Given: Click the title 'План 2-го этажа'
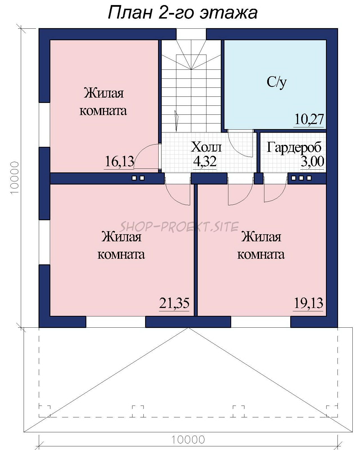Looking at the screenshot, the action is [183, 13].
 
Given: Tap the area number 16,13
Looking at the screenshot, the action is [120, 162].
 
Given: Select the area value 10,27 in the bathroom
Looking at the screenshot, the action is [309, 119].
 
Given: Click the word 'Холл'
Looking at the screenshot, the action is [206, 147].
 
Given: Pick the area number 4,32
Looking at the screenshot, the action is [205, 161].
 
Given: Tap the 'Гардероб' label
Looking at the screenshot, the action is [294, 147].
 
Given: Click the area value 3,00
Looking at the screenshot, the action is [312, 161].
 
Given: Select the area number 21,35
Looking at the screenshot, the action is [174, 303].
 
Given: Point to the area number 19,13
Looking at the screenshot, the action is [309, 303].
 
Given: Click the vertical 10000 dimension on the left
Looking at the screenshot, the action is [15, 178].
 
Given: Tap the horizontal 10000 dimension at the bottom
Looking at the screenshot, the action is [188, 440].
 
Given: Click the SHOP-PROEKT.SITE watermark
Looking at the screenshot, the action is [179, 226].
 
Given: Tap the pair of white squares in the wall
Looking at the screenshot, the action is [138, 178].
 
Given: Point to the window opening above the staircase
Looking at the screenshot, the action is [191, 34].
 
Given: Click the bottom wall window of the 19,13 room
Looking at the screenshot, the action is [261, 321].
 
